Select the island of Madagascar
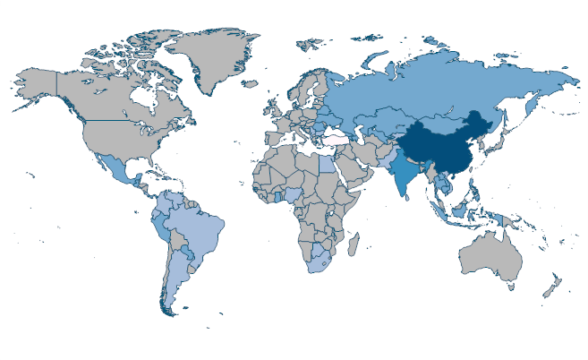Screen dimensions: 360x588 [354, 242]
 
